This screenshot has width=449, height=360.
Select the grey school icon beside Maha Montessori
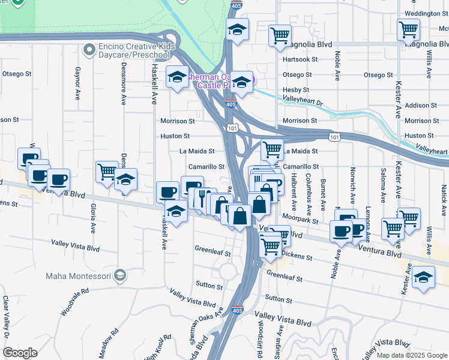pos(120,276)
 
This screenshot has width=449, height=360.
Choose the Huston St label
pos(175,136)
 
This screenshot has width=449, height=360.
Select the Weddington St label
pos(427,13)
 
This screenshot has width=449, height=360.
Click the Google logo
pos(20,353)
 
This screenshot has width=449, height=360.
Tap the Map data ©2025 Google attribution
pos(411,355)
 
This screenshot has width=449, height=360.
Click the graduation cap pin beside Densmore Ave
pos(126,179)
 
